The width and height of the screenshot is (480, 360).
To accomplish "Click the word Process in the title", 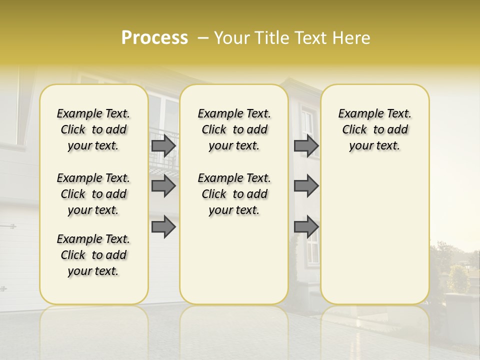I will point(154,38).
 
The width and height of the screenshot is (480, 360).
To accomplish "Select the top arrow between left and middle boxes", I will point(163,145).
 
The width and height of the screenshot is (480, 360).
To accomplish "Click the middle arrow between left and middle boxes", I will point(163,186).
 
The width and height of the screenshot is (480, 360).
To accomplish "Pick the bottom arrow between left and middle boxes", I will point(163,227).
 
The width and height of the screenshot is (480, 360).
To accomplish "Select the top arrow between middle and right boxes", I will point(306,145).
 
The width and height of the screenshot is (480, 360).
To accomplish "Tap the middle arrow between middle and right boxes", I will point(306,186).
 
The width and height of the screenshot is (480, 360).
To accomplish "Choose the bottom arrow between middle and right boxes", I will point(306,227).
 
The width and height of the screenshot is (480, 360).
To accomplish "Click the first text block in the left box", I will point(93,129).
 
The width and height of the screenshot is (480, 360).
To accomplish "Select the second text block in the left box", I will point(93,194).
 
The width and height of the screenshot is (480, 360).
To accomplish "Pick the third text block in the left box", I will point(93,255).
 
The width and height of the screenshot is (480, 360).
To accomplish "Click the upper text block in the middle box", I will point(234,129).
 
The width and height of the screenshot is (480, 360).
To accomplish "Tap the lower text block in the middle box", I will point(234,194).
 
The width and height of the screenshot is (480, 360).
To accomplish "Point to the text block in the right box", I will point(374,129).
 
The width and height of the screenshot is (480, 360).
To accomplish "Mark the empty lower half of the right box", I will point(374,235).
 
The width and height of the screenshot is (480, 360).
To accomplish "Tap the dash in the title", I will point(203,38).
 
